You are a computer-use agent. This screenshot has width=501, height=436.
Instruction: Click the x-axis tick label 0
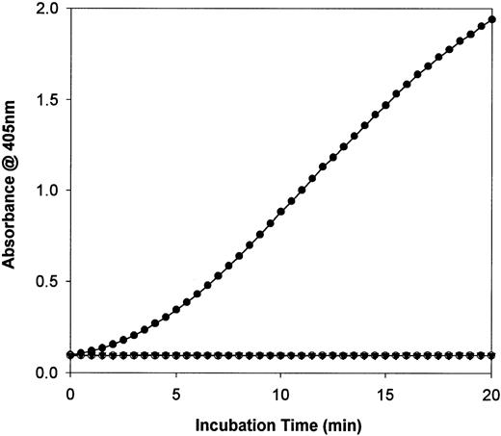point(70,393)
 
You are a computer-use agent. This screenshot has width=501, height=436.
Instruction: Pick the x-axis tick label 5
point(175,393)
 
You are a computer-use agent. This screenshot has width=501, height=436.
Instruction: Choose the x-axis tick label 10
point(280,393)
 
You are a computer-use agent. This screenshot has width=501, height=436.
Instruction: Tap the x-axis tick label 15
point(386,393)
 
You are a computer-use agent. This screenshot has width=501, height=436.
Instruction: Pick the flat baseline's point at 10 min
point(280,355)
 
